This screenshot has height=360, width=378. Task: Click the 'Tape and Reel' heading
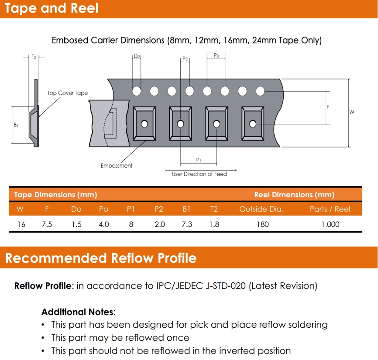click(52, 8)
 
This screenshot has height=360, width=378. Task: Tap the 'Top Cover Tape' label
click(68, 93)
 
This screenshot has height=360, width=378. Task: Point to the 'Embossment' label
click(117, 166)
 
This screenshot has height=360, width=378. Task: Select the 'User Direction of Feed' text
click(199, 174)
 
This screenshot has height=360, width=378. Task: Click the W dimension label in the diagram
click(352, 113)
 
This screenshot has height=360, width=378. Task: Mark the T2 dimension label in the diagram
click(34, 57)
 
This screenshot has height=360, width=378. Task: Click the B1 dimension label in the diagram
click(16, 125)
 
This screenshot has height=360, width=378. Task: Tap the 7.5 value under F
click(47, 224)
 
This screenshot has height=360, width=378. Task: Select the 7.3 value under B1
click(186, 224)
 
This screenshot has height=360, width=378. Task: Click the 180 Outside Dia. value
click(263, 224)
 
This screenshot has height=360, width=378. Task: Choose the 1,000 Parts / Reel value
click(330, 224)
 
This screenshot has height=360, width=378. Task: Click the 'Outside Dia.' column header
click(261, 209)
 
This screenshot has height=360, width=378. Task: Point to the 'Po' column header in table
click(103, 209)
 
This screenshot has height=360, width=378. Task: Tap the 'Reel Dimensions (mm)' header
click(294, 195)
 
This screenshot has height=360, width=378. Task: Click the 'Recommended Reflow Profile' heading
click(101, 258)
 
